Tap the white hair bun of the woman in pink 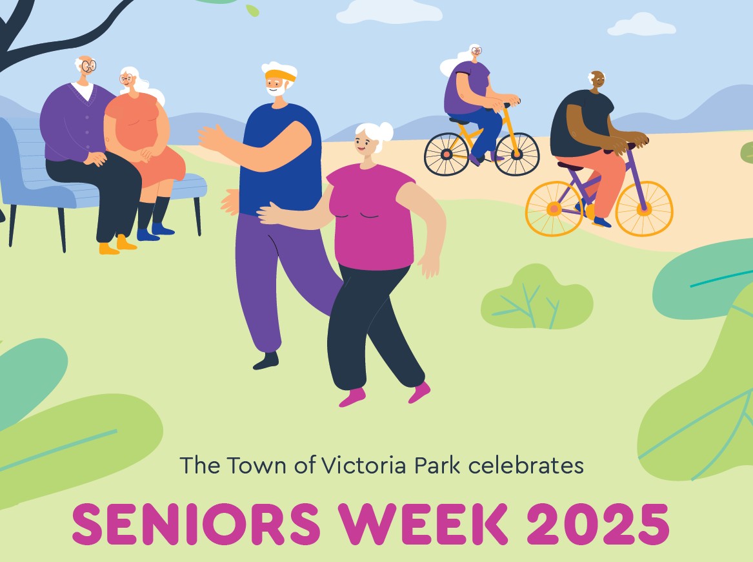pyautogui.click(x=385, y=129)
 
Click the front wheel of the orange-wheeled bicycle pyautogui.click(x=643, y=208)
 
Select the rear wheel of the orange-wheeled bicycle pyautogui.click(x=554, y=209)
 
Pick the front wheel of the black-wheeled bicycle pyautogui.click(x=517, y=154)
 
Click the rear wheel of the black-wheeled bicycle pyautogui.click(x=447, y=154)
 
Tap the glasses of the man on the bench pyautogui.click(x=88, y=65)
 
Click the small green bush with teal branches pyautogui.click(x=537, y=298)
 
